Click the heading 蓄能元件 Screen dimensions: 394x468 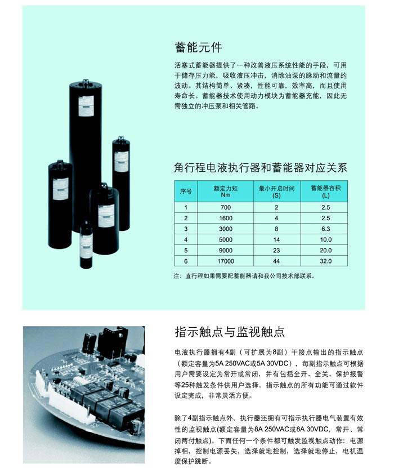[198, 47]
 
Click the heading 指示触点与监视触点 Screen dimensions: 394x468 [230, 332]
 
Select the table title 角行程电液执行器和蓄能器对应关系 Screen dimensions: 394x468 [261, 168]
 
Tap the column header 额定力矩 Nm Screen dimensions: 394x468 [226, 191]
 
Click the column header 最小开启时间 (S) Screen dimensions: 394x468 [276, 191]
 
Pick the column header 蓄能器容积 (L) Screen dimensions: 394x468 [325, 191]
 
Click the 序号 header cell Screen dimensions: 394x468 [186, 191]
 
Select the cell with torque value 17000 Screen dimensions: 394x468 [226, 261]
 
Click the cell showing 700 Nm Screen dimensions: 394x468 [226, 207]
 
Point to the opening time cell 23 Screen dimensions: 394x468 [276, 251]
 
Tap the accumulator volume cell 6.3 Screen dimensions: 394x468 [326, 229]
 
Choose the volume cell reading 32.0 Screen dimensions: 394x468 [326, 261]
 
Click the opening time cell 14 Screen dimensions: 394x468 [276, 240]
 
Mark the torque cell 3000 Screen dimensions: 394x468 [226, 229]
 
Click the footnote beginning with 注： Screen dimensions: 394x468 [244, 276]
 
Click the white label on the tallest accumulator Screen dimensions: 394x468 [86, 106]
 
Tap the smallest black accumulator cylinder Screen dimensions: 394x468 [86, 245]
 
